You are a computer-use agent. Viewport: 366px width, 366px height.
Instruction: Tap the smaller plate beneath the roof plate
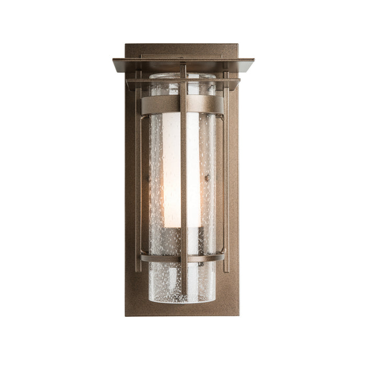point(183,82)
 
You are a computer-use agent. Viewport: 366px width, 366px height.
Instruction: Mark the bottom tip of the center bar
point(184,293)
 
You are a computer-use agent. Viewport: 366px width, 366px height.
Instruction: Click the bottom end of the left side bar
point(138,270)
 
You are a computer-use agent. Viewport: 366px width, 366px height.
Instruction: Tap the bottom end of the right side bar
point(226,270)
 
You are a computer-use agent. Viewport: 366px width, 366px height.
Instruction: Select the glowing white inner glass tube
point(173,167)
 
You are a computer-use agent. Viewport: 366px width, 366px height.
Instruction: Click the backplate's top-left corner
point(126,45)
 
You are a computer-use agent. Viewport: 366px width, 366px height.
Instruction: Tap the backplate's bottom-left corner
point(126,315)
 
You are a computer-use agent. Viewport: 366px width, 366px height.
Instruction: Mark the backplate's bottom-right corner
point(238,315)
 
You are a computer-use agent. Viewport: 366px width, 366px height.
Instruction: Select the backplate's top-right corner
point(238,45)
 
